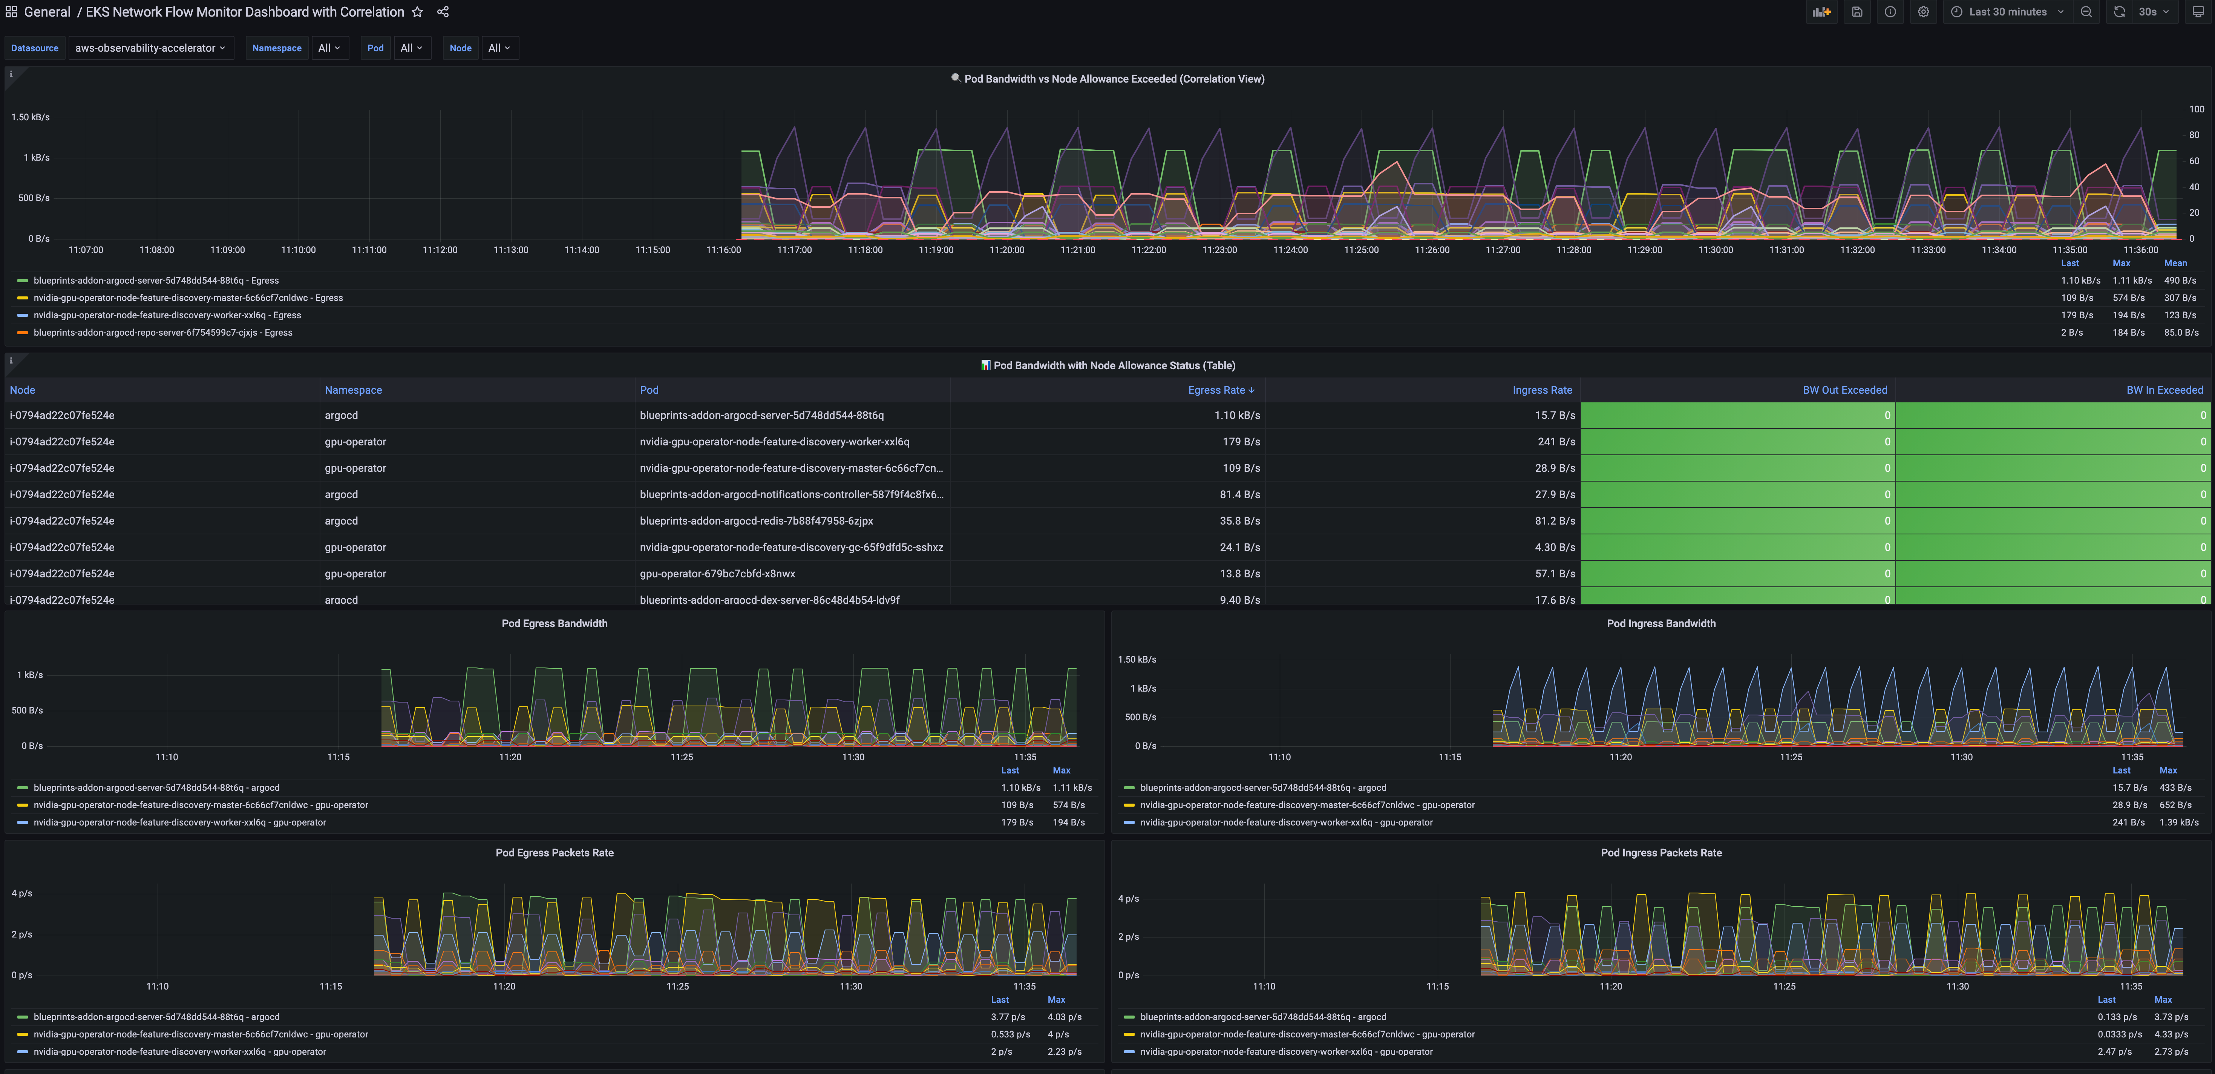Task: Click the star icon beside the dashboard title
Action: point(417,12)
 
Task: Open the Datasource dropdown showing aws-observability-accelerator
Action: point(150,48)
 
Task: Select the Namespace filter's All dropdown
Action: point(328,48)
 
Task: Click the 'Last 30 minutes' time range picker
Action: point(2007,12)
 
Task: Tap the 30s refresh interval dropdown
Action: point(2153,12)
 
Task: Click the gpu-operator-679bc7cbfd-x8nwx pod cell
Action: point(717,574)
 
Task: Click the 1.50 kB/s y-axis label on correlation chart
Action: point(30,117)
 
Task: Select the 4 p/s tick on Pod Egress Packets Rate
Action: point(22,893)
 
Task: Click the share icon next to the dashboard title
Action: point(443,12)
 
